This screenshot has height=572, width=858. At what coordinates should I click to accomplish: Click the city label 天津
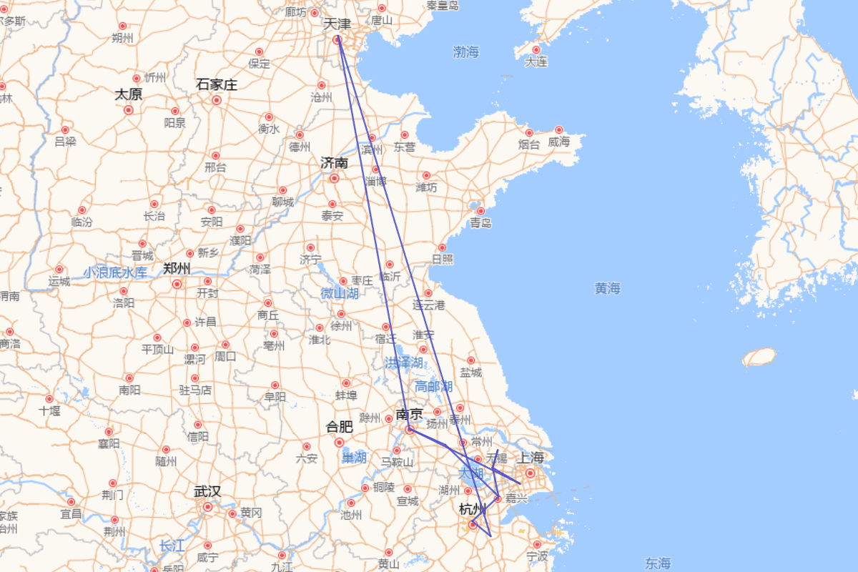point(337,24)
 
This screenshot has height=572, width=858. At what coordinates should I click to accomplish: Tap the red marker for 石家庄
point(216,100)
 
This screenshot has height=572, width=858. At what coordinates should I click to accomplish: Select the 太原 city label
point(129,94)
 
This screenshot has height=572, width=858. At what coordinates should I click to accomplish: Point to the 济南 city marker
point(334,178)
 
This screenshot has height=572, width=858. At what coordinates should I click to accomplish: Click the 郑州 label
point(177,269)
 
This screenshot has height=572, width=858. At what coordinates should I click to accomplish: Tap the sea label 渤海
point(466,51)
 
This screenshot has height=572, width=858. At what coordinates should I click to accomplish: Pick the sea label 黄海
point(607,288)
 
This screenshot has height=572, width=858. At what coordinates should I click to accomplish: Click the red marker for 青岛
point(480,211)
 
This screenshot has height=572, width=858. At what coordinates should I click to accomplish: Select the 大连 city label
point(536,62)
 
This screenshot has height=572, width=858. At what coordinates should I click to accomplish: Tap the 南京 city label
point(409,414)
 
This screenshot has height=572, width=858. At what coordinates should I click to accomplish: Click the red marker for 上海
point(531,473)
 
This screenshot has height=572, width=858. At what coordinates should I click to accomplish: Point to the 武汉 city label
point(207,491)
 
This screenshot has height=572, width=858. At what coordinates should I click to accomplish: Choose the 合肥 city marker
point(340,443)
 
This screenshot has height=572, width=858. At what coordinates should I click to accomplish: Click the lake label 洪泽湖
point(403,363)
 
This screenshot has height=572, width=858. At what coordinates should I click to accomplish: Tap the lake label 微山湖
point(340,293)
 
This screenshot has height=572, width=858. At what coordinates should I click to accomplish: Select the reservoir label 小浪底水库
point(115,272)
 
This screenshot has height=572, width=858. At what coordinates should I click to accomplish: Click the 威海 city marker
point(560,129)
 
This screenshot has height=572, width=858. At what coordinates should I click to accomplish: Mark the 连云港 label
point(428,305)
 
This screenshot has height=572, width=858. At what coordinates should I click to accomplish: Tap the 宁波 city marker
point(537,544)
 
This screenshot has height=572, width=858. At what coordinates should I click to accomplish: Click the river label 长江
point(172,546)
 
